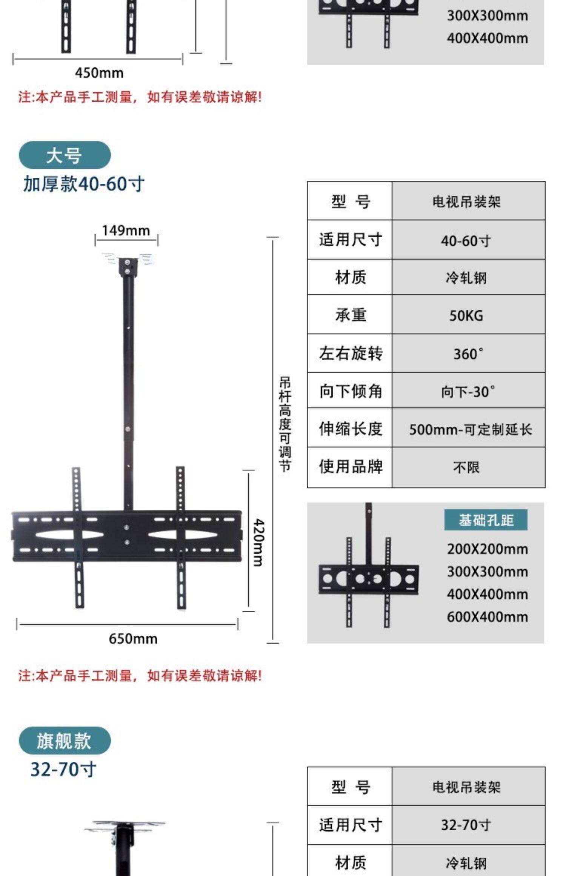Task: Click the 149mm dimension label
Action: point(126,231)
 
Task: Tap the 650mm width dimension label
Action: point(133,639)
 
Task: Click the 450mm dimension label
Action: point(99,73)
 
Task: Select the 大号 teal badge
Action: point(65,155)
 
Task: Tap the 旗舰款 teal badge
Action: point(65,741)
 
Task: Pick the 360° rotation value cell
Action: point(468,354)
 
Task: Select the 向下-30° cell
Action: point(468,392)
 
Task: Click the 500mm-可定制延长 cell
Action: point(470,429)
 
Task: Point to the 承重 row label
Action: point(350,315)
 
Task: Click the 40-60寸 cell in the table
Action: point(466,240)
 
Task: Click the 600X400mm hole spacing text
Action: point(487,617)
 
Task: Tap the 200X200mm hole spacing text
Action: point(487,549)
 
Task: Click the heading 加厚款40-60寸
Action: point(84,184)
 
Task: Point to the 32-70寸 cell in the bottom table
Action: point(466,825)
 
